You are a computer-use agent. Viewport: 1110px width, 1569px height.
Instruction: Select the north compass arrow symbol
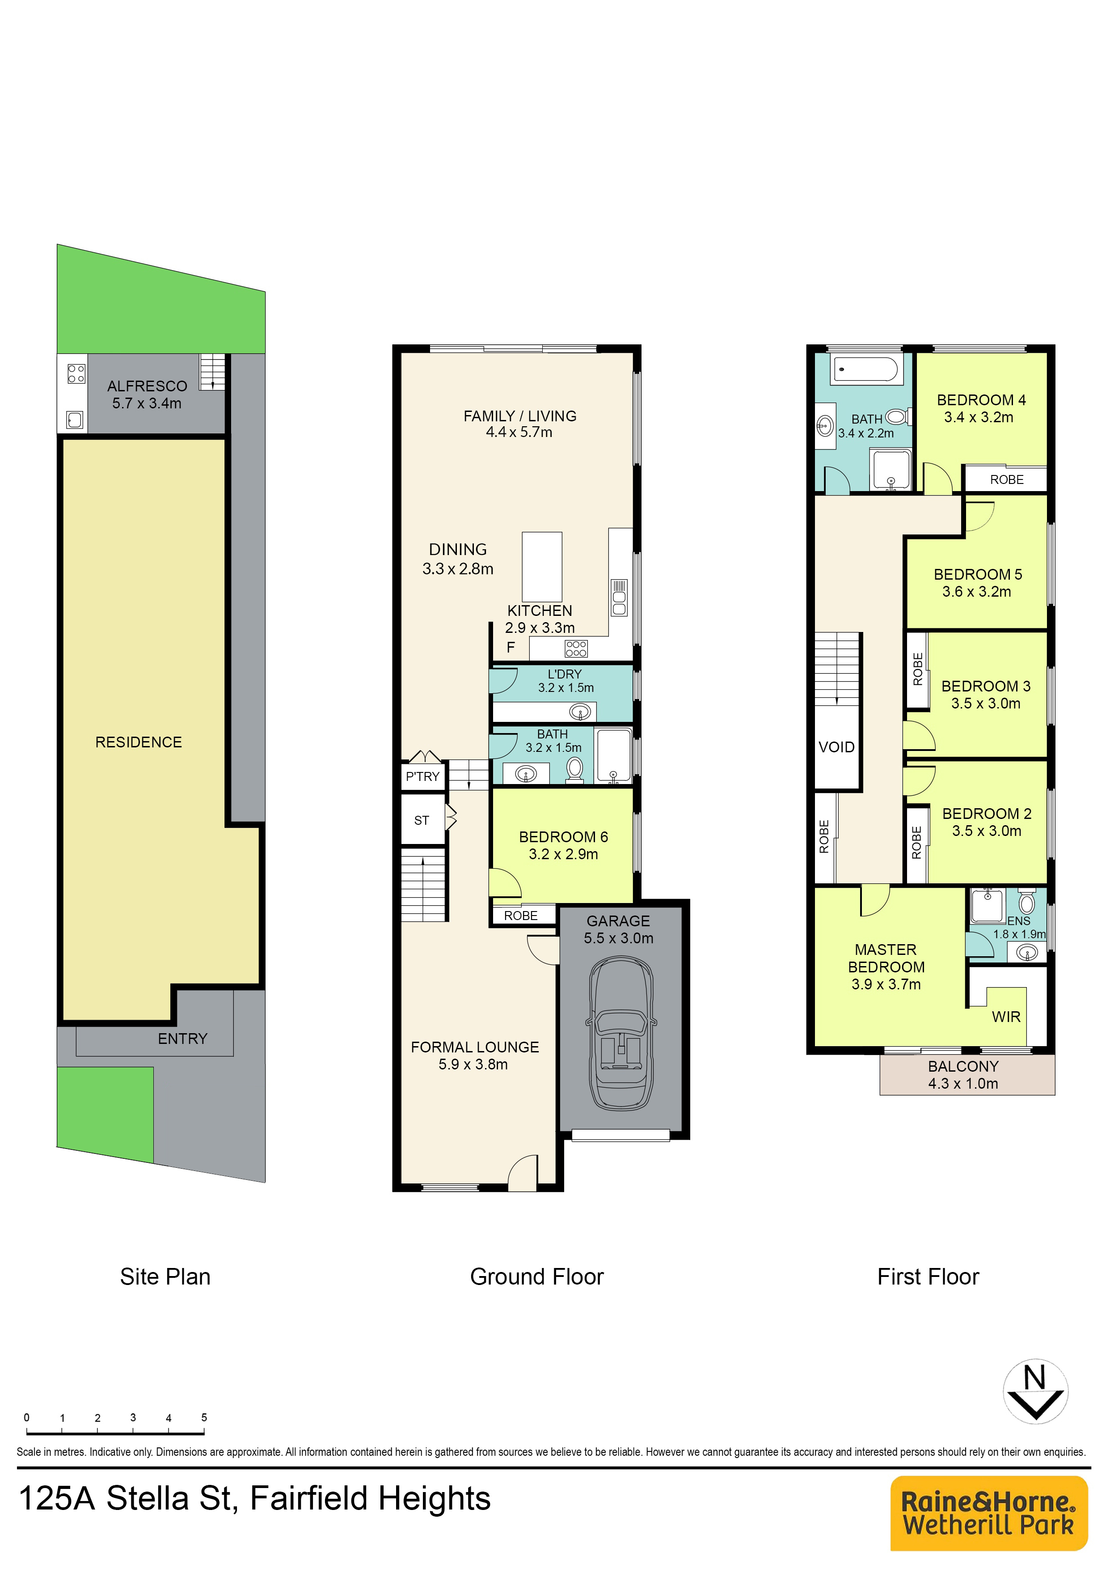pyautogui.click(x=1035, y=1391)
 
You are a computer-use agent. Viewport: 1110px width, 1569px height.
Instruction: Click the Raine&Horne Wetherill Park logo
pyautogui.click(x=988, y=1514)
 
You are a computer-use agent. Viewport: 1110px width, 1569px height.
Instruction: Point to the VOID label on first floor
pyautogui.click(x=836, y=747)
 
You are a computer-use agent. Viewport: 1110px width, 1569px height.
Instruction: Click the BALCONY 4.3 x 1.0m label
pyautogui.click(x=963, y=1075)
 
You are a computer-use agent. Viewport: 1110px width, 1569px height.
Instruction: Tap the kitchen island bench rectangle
pyautogui.click(x=542, y=567)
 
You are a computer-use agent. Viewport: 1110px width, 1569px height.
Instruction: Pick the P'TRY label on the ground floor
pyautogui.click(x=422, y=776)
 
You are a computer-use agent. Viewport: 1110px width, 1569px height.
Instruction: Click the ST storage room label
pyautogui.click(x=422, y=820)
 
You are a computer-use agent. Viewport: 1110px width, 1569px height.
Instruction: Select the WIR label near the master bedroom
pyautogui.click(x=1006, y=1017)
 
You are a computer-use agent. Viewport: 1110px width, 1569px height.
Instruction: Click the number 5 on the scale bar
pyautogui.click(x=204, y=1417)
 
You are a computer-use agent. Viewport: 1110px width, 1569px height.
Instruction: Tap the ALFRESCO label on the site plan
pyautogui.click(x=147, y=386)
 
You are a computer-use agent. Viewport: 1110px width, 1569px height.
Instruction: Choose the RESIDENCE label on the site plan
pyautogui.click(x=139, y=742)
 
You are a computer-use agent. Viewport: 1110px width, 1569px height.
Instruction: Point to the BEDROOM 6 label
pyautogui.click(x=563, y=837)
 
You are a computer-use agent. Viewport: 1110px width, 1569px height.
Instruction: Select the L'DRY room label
pyautogui.click(x=565, y=674)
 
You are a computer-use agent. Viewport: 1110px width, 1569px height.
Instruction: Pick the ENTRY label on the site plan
pyautogui.click(x=182, y=1039)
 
